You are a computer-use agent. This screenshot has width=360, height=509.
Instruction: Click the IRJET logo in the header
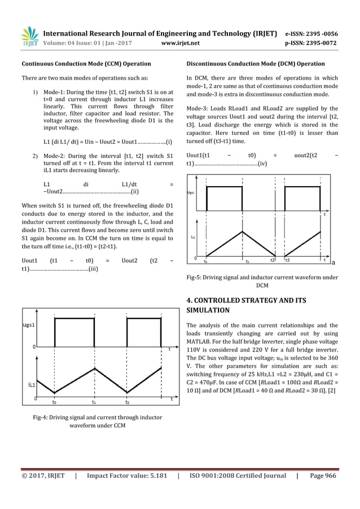click(x=29, y=35)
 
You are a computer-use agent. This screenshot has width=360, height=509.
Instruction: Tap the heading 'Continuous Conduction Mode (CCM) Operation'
click(x=86, y=63)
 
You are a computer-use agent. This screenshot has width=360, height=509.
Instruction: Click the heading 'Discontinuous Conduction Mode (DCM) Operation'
click(x=255, y=63)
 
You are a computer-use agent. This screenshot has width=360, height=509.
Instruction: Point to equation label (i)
click(x=169, y=141)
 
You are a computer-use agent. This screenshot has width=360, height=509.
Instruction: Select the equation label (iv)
click(x=262, y=164)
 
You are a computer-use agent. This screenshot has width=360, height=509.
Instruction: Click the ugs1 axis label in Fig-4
click(x=30, y=326)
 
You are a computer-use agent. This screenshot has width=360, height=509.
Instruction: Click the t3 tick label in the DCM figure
click(x=288, y=260)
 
